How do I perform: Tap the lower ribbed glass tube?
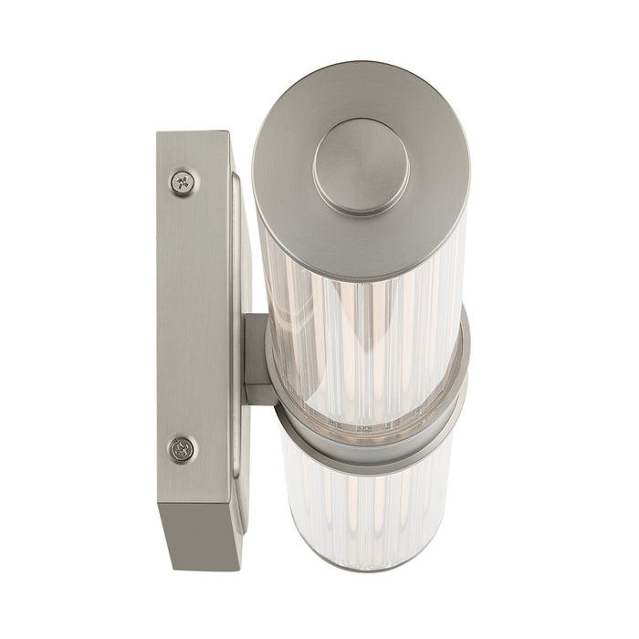click(365, 511)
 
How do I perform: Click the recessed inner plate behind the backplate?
click(239, 274)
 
